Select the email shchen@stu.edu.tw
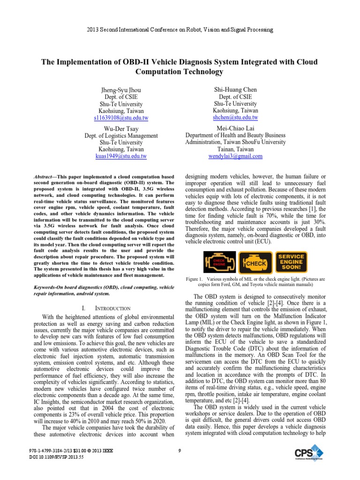click(x=235, y=117)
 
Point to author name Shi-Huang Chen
click(x=235, y=90)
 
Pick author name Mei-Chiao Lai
click(x=235, y=128)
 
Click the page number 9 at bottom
click(x=180, y=451)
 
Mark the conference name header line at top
click(x=180, y=30)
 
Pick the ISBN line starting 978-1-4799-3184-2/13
click(x=70, y=451)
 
